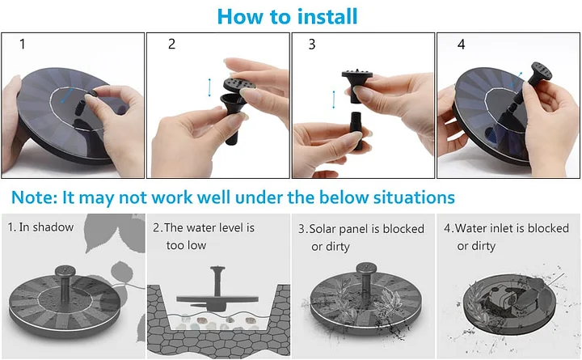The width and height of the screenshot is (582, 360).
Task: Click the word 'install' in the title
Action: coord(327,17)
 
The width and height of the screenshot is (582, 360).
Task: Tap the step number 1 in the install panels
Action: coord(23,44)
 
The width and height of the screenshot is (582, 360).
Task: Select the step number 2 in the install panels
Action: coord(171,44)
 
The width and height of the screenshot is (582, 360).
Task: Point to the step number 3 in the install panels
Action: coord(312,44)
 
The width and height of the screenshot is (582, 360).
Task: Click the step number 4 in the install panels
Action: coord(461,44)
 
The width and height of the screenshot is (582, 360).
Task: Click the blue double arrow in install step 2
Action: coord(209,87)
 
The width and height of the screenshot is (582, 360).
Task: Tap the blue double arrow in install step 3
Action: coord(334,100)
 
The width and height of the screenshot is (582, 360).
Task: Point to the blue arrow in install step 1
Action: coord(67,95)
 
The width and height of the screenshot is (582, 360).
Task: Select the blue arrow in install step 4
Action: coord(517,80)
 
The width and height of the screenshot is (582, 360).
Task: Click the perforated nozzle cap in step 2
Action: coord(239,84)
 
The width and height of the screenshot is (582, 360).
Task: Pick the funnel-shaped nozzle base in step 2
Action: coord(233,117)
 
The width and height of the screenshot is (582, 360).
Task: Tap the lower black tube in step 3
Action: coord(356,131)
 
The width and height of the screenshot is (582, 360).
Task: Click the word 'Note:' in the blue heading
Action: coord(35,197)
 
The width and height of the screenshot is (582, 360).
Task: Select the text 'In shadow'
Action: coord(46,227)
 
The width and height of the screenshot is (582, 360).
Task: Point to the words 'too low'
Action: coord(186,245)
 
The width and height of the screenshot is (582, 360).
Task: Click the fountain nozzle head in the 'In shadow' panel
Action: coord(65,271)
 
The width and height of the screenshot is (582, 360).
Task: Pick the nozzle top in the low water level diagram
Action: coord(217,269)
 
